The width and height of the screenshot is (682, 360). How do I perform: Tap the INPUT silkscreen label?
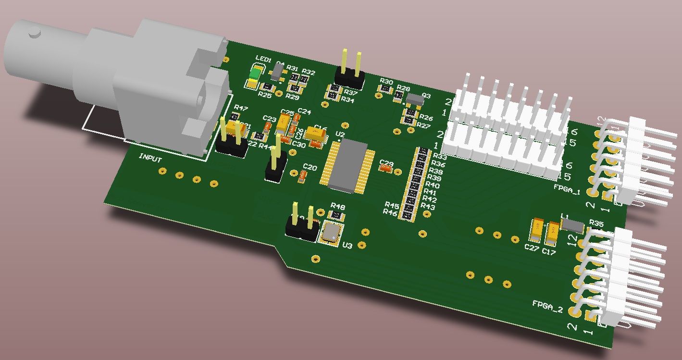click(x=150, y=157)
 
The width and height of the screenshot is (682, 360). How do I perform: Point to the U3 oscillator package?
click(x=332, y=232)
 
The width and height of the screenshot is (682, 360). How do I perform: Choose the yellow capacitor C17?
click(x=553, y=233)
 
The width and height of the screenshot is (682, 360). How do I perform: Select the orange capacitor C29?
click(x=385, y=169)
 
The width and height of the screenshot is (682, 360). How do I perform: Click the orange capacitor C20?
click(x=302, y=176)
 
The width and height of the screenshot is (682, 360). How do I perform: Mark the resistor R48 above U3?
click(x=335, y=215)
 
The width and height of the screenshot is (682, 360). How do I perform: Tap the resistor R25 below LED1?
click(x=266, y=87)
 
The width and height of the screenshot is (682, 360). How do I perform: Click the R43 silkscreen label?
click(x=428, y=207)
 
